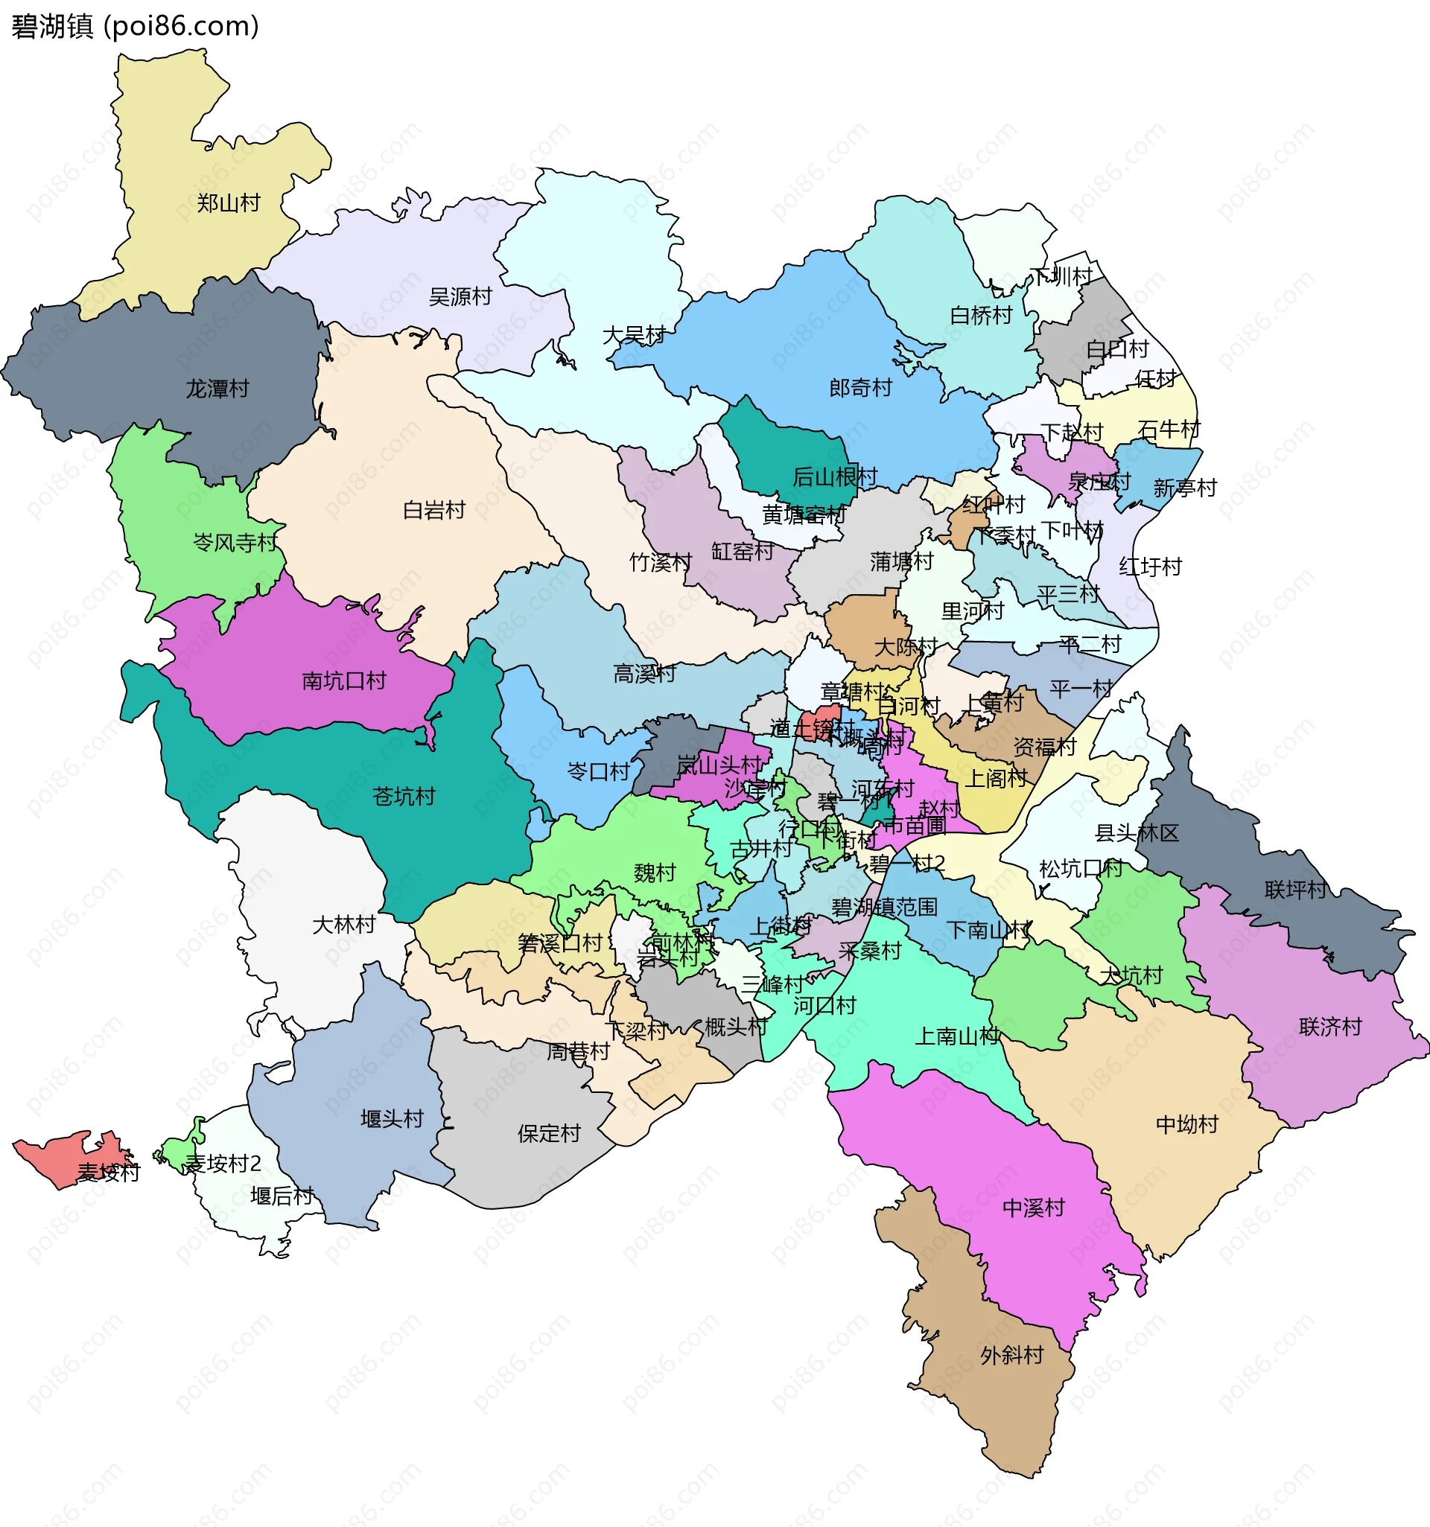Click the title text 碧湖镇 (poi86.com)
coord(136,26)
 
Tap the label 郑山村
coord(228,203)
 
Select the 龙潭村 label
coord(217,389)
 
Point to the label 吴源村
coord(460,296)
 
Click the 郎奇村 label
coord(859,388)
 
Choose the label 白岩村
coord(433,510)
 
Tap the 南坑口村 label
coord(343,680)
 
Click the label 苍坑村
coord(404,797)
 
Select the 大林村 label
coord(343,925)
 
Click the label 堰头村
coord(392,1119)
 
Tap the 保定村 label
coord(549,1134)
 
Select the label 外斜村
coord(1011,1355)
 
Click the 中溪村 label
coord(1034,1208)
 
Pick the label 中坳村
coord(1186,1125)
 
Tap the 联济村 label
coord(1329,1027)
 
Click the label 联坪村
coord(1295,890)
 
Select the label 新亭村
coord(1185,488)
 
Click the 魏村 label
coord(654,873)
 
